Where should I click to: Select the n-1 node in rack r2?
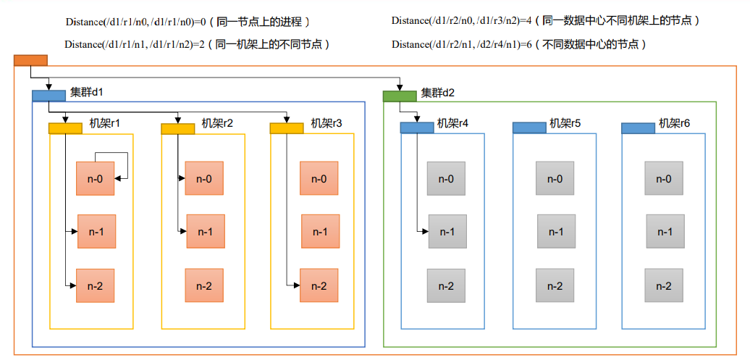[x=206, y=232]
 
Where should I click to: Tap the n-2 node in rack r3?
[x=319, y=285]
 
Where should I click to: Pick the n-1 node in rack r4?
[x=447, y=232]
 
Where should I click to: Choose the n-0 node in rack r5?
[x=555, y=179]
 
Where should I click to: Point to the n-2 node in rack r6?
[x=664, y=285]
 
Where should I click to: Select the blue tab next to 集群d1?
[x=49, y=96]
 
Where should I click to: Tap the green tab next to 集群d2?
[x=400, y=96]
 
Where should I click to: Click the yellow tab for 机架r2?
[x=177, y=128]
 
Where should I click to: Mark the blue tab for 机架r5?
[x=529, y=127]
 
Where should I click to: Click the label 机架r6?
[x=675, y=124]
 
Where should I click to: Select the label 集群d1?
[x=87, y=92]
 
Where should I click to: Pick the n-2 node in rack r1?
[x=96, y=285]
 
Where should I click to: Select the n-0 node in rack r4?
[x=447, y=179]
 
